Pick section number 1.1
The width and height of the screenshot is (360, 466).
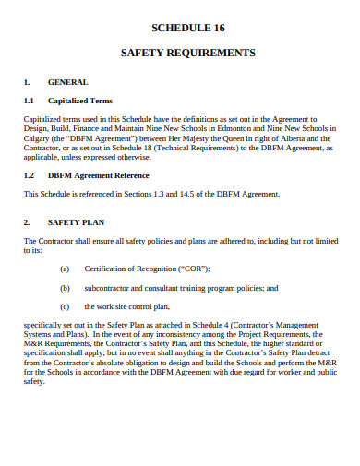(29, 101)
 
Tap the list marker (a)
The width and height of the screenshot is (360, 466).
(64, 269)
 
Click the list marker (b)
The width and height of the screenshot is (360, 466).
(64, 287)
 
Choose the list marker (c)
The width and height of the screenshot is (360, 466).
(64, 305)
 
